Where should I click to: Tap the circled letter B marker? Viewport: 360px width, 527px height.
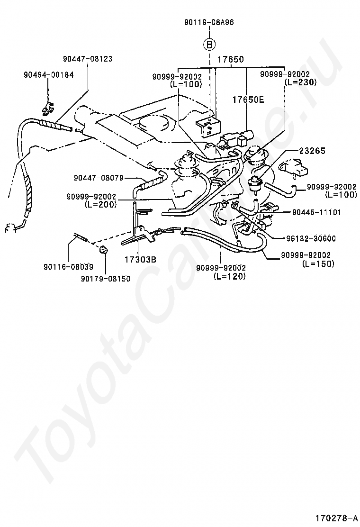(x=209, y=45)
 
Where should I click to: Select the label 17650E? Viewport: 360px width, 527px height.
(x=248, y=100)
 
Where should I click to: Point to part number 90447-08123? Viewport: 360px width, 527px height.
(x=88, y=59)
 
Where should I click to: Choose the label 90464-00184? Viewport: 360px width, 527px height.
(x=48, y=74)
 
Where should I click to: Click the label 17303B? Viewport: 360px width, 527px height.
(x=140, y=259)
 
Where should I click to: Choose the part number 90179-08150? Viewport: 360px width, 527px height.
(x=105, y=279)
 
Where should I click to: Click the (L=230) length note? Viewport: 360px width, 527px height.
(x=300, y=82)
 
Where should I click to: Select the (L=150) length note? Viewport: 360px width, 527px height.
(x=318, y=263)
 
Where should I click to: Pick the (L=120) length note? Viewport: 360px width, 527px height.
(x=229, y=276)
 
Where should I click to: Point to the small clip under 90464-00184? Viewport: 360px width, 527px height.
(x=47, y=110)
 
